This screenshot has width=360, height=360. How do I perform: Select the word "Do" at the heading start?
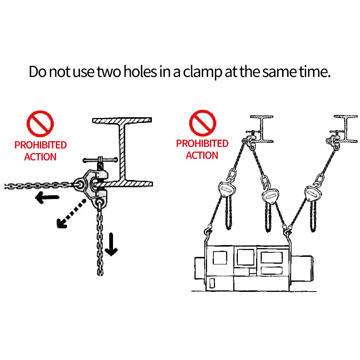[x=38, y=72]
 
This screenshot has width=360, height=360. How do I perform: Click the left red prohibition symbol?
[x=40, y=124]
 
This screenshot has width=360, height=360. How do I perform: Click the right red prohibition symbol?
[x=202, y=123]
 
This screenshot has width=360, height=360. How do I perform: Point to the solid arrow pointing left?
[x=47, y=197]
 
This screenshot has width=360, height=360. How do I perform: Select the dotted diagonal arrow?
[x=71, y=214]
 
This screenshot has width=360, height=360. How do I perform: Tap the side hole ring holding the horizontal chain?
[x=80, y=184]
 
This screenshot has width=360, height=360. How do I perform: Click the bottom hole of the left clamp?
[x=100, y=202]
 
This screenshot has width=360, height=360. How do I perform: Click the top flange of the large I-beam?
[x=122, y=120]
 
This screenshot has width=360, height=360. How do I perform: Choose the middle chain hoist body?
[x=271, y=196]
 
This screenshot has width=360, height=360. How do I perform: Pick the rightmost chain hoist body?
[x=313, y=194]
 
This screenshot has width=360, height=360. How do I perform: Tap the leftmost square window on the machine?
[x=220, y=258]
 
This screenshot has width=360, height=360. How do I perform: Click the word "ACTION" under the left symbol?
[x=40, y=157]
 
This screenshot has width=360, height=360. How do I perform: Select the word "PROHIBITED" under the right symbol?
[x=202, y=143]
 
